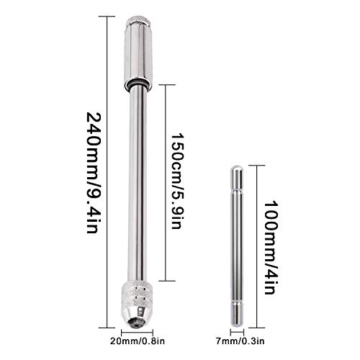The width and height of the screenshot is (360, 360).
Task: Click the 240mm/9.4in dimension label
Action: [x=94, y=172]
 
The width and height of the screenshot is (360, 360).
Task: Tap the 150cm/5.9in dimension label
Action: [x=178, y=181]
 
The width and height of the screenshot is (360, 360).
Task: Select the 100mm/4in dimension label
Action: [x=271, y=248]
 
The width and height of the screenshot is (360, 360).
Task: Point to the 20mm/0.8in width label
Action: [x=138, y=341]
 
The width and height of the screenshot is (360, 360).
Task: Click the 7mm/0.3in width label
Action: [x=240, y=341]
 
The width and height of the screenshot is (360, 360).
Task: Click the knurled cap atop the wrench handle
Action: [x=138, y=20]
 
